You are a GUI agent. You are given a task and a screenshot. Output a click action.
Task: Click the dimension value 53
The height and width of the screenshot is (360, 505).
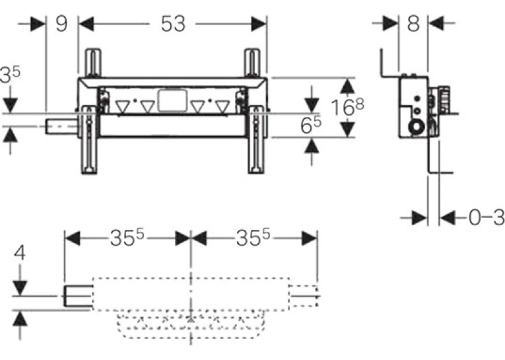(173, 24)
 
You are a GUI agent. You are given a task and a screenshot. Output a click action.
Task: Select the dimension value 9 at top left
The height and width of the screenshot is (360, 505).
(61, 24)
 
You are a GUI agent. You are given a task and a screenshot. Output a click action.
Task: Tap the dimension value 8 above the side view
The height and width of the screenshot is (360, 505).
(413, 24)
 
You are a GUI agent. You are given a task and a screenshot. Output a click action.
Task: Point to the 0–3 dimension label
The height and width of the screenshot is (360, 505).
(487, 218)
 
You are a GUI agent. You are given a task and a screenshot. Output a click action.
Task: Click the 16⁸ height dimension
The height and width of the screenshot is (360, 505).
(348, 107)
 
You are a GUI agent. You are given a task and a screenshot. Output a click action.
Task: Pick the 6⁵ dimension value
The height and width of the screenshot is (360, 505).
(311, 125)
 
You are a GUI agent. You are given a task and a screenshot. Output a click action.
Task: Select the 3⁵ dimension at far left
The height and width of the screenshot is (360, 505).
(10, 75)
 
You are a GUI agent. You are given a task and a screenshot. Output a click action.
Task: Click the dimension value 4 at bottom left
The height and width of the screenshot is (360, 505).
(20, 253)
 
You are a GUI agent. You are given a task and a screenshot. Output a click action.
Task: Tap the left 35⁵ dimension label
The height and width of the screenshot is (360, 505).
(127, 238)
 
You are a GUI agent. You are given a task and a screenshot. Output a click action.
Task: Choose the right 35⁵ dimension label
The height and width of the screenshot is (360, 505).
(253, 238)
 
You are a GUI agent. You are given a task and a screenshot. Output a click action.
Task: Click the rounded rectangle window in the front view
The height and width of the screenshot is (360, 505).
(173, 100)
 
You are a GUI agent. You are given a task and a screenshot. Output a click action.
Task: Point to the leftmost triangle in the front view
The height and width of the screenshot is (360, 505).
(122, 106)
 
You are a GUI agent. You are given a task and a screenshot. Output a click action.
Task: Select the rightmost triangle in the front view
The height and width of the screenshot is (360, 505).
(223, 106)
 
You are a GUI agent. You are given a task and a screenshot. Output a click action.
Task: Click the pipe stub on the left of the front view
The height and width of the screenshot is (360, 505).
(61, 126)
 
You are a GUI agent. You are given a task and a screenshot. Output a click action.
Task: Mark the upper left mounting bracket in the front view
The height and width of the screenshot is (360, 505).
(93, 63)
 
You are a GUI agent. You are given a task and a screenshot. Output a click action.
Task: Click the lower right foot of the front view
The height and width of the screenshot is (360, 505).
(257, 140)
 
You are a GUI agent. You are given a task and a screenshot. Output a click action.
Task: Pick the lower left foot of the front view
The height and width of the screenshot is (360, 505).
(89, 140)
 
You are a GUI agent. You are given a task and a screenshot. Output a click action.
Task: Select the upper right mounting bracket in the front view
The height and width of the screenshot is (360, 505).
(252, 63)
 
